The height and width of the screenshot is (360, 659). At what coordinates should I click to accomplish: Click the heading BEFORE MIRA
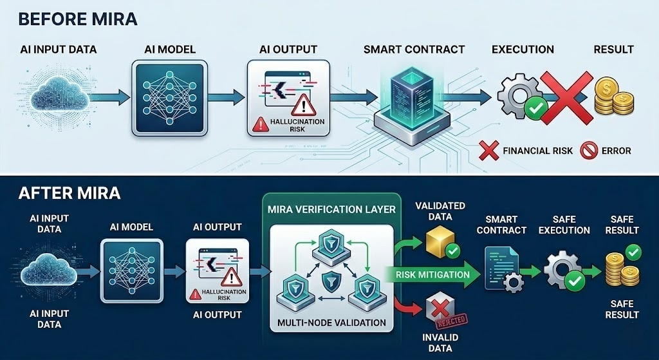click(x=78, y=18)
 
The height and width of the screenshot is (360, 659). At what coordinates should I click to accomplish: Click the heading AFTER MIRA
click(x=69, y=193)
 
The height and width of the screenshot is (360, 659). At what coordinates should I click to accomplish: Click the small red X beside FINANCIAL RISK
click(x=490, y=151)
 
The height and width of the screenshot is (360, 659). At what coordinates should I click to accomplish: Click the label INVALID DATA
click(x=437, y=342)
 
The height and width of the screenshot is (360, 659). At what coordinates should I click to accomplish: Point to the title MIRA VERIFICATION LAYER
click(x=331, y=209)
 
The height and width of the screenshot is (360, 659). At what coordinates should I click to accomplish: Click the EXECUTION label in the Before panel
click(x=523, y=49)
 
